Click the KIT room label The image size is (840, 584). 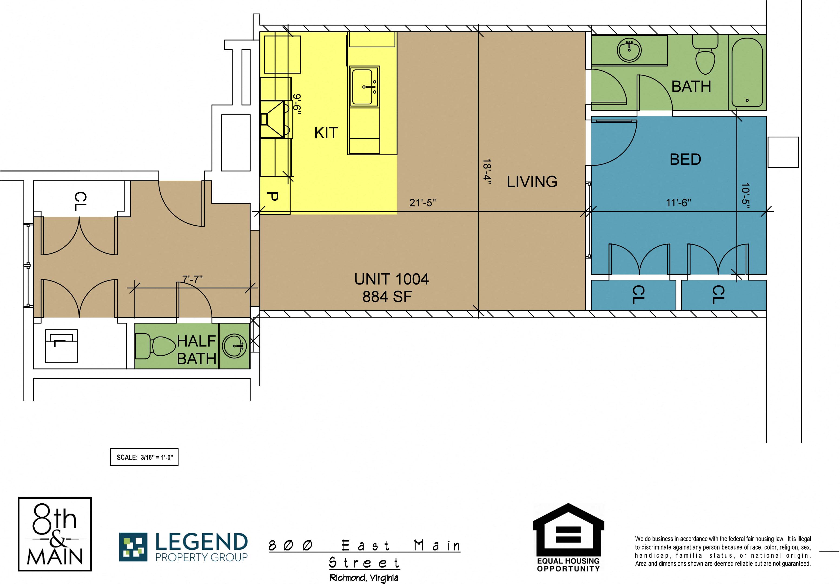(326, 133)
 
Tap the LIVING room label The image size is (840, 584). (532, 182)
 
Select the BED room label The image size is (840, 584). (685, 160)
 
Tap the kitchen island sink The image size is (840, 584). (364, 87)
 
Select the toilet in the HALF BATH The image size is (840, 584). (156, 346)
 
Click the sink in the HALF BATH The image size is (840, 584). (234, 346)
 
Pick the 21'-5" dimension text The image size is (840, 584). (422, 203)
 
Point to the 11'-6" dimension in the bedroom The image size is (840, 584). (678, 203)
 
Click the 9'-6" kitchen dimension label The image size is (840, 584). (297, 105)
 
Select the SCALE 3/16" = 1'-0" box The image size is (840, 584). (144, 457)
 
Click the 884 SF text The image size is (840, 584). (387, 297)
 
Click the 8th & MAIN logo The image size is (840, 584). (55, 534)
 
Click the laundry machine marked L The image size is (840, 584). (61, 346)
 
